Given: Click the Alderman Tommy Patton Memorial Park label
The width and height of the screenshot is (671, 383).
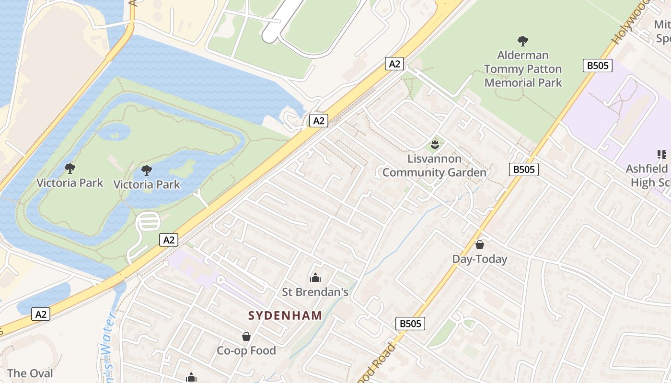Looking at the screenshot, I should [523, 69].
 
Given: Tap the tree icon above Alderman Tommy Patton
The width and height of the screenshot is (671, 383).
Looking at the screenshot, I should [523, 41].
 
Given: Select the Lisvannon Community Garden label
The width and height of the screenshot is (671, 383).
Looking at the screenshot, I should [434, 166].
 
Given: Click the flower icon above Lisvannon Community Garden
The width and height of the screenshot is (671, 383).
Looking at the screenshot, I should [435, 143].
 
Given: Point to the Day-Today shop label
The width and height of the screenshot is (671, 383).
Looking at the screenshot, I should [479, 259].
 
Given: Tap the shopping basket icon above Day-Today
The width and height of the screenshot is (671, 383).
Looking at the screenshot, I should [479, 245].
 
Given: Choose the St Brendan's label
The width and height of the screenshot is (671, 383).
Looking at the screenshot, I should [315, 292].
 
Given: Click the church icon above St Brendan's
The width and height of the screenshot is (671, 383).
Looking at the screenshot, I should [315, 277].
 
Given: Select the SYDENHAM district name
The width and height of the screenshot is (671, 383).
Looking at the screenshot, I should [285, 315].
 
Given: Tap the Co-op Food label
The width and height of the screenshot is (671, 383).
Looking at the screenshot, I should [246, 350].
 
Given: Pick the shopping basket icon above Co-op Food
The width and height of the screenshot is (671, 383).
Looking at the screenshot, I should [246, 337].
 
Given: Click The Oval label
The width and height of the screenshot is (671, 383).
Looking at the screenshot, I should [30, 373].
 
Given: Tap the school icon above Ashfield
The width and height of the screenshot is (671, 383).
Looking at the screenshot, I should [662, 154].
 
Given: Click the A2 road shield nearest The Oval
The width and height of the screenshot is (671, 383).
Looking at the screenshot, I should [41, 314].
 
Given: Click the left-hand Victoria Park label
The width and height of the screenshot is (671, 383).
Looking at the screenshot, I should [70, 183].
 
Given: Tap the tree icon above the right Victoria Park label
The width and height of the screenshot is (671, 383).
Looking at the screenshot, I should [147, 170].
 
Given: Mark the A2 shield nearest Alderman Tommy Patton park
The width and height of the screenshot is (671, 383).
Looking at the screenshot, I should [394, 64].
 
